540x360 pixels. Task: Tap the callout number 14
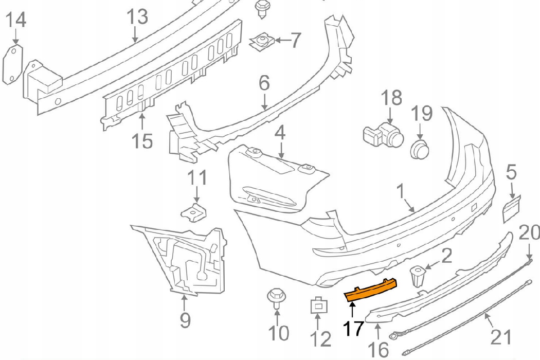click(16, 20)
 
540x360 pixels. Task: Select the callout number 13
click(138, 16)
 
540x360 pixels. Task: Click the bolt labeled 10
click(276, 298)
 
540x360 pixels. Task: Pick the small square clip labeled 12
click(319, 305)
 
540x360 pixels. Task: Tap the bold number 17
click(353, 329)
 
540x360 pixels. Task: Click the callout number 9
click(185, 320)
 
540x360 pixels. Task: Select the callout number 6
click(264, 83)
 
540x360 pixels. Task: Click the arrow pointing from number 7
click(283, 40)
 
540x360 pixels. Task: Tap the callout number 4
click(281, 133)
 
